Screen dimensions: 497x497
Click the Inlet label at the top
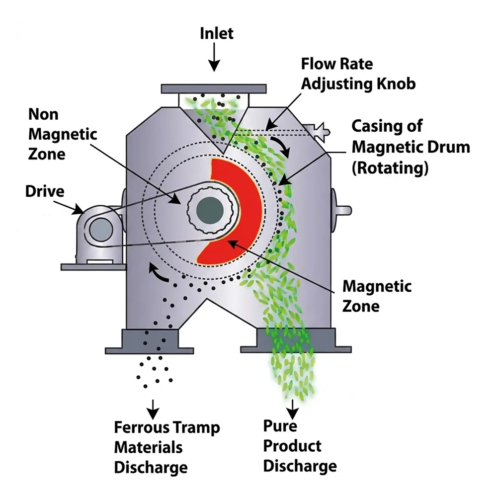217,33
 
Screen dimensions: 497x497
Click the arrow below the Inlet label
214,57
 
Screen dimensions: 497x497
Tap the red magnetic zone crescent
233,211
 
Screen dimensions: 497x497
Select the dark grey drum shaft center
210,210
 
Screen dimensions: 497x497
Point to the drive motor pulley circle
101,229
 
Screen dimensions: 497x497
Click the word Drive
45,191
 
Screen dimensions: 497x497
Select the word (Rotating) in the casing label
390,167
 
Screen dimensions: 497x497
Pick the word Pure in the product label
280,426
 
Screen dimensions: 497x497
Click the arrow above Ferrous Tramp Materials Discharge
153,409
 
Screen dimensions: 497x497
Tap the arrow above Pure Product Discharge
292,409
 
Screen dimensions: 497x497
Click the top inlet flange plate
214,89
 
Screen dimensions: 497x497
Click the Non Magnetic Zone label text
63,134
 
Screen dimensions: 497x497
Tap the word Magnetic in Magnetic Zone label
377,286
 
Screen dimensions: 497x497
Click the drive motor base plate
93,267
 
